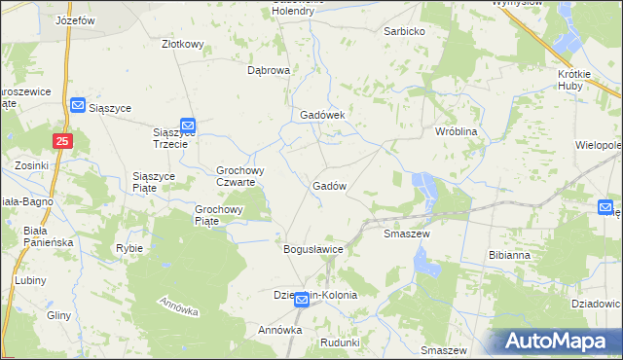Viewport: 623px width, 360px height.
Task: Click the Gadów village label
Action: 330,186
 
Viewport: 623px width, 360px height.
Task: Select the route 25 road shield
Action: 62,142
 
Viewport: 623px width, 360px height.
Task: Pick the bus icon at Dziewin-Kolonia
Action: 302,301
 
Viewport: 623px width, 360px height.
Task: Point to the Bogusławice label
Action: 313,249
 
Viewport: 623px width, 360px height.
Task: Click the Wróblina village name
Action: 455,130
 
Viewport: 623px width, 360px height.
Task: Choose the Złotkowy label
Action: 182,44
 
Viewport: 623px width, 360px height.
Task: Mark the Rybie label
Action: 129,248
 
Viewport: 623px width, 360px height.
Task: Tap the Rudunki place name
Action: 340,342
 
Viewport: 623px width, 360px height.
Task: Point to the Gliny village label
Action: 58,316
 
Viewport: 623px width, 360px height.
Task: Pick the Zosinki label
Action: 32,165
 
